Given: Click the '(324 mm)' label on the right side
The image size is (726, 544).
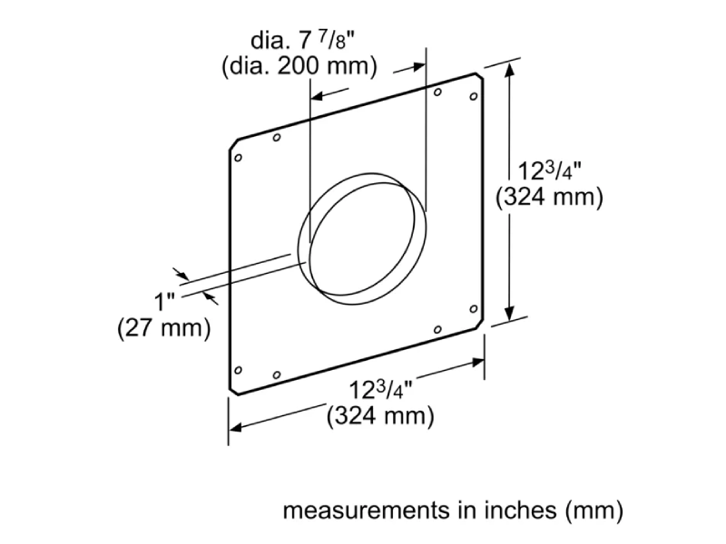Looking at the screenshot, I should (549, 198).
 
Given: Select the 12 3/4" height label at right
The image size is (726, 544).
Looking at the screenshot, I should (549, 170).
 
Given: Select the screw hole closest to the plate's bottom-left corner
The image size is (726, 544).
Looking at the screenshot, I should (239, 369).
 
